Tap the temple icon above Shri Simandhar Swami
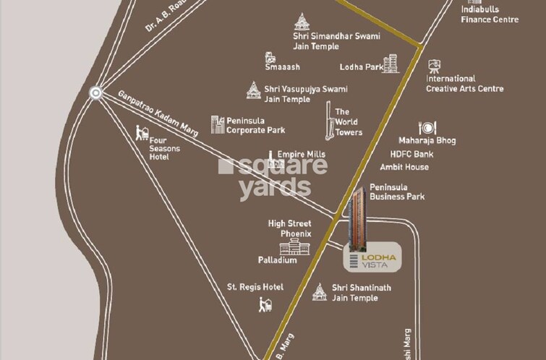coord(302,21)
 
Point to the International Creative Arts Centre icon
coord(434,67)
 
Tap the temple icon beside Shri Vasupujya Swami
coord(253,90)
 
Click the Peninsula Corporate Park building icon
coord(217,124)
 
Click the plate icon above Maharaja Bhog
coord(427,128)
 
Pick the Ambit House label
coord(409,167)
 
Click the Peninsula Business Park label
coord(397,192)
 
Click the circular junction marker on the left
coord(95,93)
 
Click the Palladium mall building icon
coord(304,249)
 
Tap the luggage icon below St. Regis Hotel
coord(265,304)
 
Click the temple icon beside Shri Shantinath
coord(320,292)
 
